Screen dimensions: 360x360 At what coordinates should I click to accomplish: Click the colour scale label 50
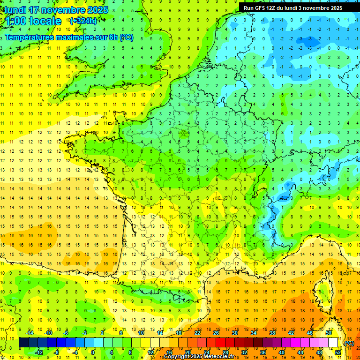[x=329, y=332]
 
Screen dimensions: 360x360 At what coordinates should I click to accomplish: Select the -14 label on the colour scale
[x=30, y=332]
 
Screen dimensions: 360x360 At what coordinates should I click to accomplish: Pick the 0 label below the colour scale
[x=93, y=352]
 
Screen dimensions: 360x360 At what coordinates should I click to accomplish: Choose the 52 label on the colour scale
[x=338, y=352]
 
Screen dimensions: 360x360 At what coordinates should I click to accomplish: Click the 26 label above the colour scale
[x=216, y=332]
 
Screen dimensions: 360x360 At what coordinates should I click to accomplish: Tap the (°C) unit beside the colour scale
[x=349, y=343]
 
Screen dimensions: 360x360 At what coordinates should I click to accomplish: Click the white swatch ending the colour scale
[x=333, y=343]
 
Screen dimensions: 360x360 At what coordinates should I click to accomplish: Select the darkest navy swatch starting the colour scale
[x=23, y=343]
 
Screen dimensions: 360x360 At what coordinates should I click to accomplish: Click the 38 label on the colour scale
[x=272, y=332]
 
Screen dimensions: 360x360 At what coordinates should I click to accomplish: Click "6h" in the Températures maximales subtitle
[x=114, y=37]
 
